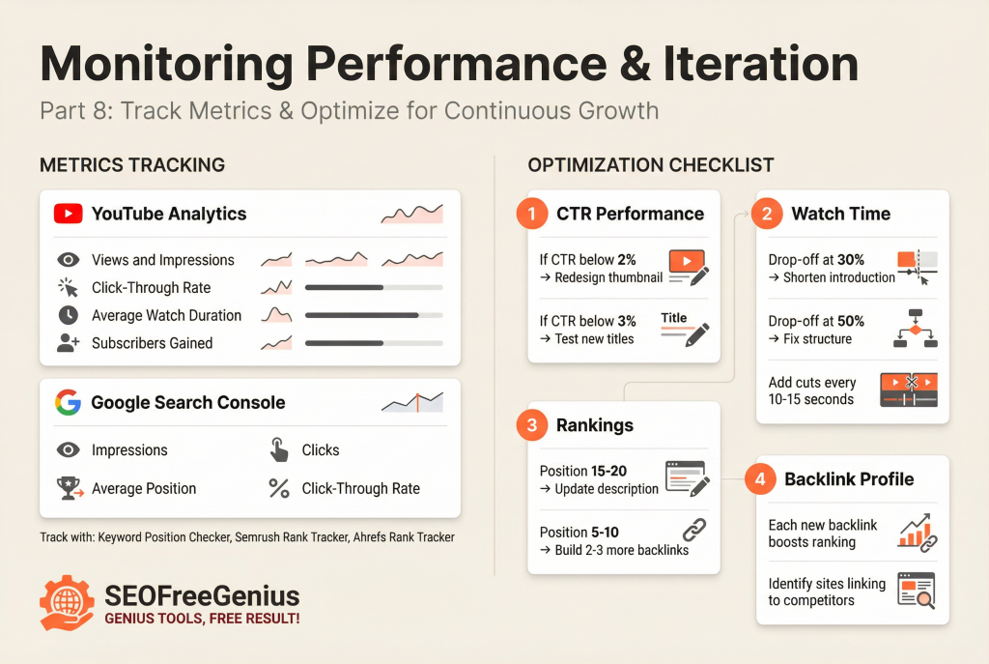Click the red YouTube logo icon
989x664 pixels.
(x=68, y=214)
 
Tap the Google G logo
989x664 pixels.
(x=68, y=402)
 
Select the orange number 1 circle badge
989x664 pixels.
(x=531, y=214)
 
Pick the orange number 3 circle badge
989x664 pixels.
(x=531, y=425)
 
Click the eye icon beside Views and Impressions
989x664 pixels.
(x=68, y=260)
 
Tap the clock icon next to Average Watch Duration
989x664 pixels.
(x=68, y=315)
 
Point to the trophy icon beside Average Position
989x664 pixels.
(x=69, y=489)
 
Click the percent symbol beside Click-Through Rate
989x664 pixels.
(x=279, y=489)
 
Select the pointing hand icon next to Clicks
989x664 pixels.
(x=279, y=449)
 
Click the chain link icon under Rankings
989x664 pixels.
(x=694, y=531)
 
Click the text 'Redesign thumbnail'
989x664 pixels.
(x=608, y=277)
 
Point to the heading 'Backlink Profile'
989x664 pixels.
(x=849, y=478)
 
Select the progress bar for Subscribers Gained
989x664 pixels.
(x=373, y=343)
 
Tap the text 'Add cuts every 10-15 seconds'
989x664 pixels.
(x=811, y=390)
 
